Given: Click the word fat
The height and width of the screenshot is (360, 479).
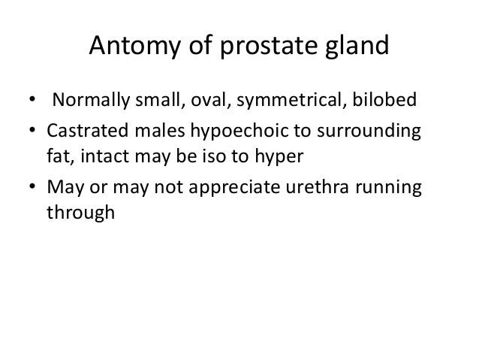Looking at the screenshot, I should (59, 156).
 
